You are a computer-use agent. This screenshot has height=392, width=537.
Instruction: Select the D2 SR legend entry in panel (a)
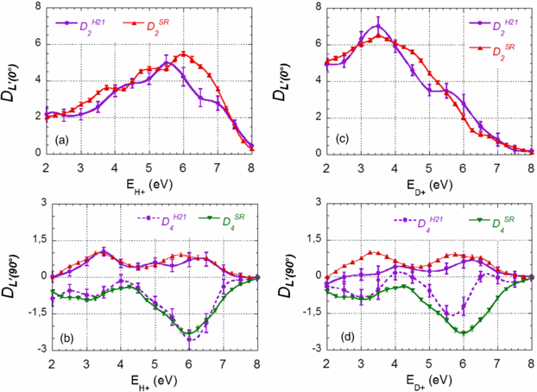point(155,26)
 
